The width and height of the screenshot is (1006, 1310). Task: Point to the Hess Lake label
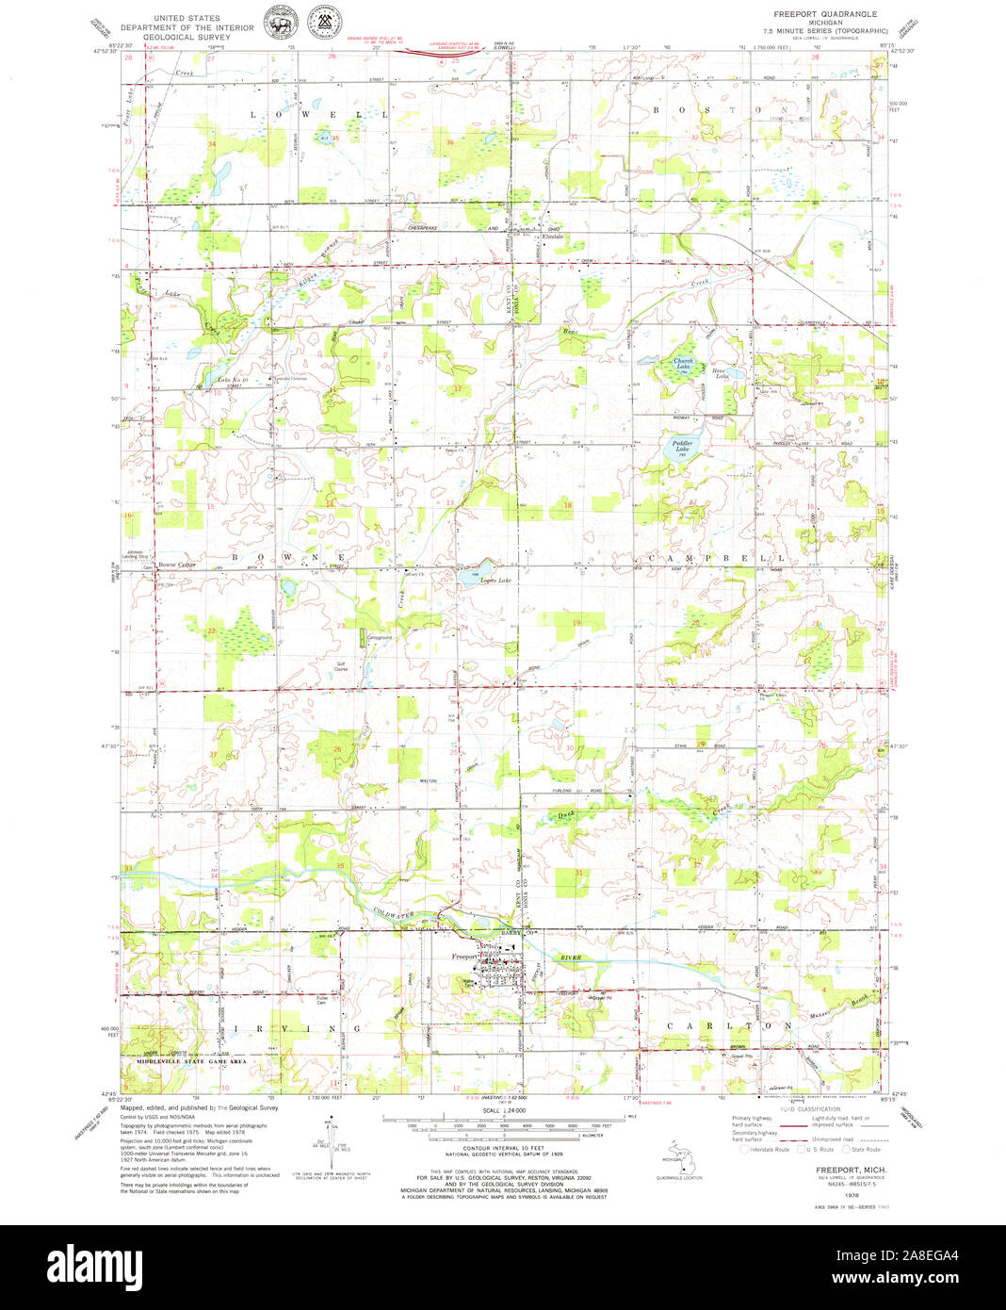tap(721, 373)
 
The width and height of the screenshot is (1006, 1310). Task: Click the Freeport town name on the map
tap(464, 957)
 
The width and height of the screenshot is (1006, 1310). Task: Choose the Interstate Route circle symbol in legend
tap(745, 1150)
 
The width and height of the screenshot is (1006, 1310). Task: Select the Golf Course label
tap(343, 666)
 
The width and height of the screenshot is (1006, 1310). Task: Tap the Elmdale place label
tap(553, 237)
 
